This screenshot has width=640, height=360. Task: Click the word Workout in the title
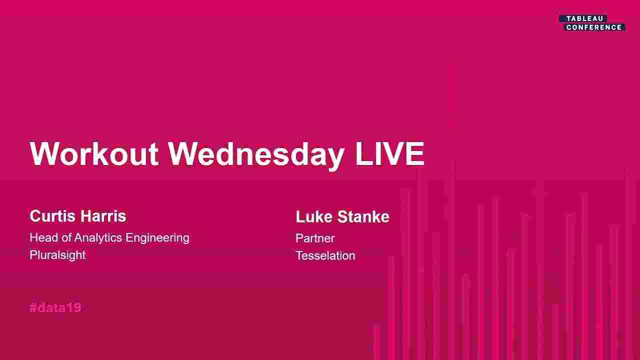click(94, 154)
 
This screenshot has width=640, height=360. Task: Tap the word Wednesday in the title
click(256, 154)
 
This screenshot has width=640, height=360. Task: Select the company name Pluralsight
click(57, 255)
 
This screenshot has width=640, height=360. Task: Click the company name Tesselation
click(325, 255)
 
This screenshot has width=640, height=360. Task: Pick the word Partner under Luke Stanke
click(315, 238)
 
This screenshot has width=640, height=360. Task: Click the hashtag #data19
click(55, 308)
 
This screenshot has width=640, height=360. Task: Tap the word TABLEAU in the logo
click(584, 18)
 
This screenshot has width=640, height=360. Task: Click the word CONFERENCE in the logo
click(594, 27)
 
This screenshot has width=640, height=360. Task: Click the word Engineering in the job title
click(157, 237)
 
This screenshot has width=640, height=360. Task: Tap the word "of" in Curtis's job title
click(66, 237)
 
